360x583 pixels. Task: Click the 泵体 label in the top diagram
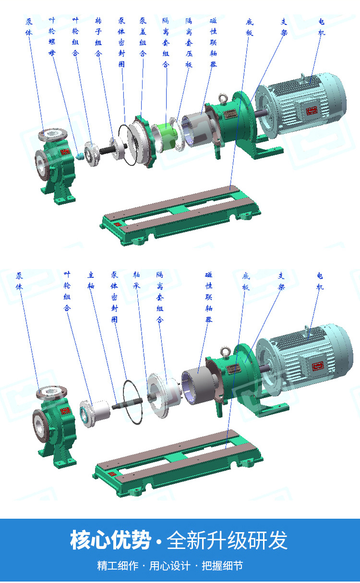click(29, 26)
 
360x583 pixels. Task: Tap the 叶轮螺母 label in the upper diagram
click(52, 36)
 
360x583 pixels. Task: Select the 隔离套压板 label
click(189, 42)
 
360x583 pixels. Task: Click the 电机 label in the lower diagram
click(320, 281)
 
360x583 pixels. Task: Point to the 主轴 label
click(91, 280)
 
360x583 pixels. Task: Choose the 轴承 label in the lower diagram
click(137, 280)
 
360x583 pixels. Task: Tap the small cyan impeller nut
click(80, 156)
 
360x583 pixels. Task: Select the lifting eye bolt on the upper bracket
click(223, 98)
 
